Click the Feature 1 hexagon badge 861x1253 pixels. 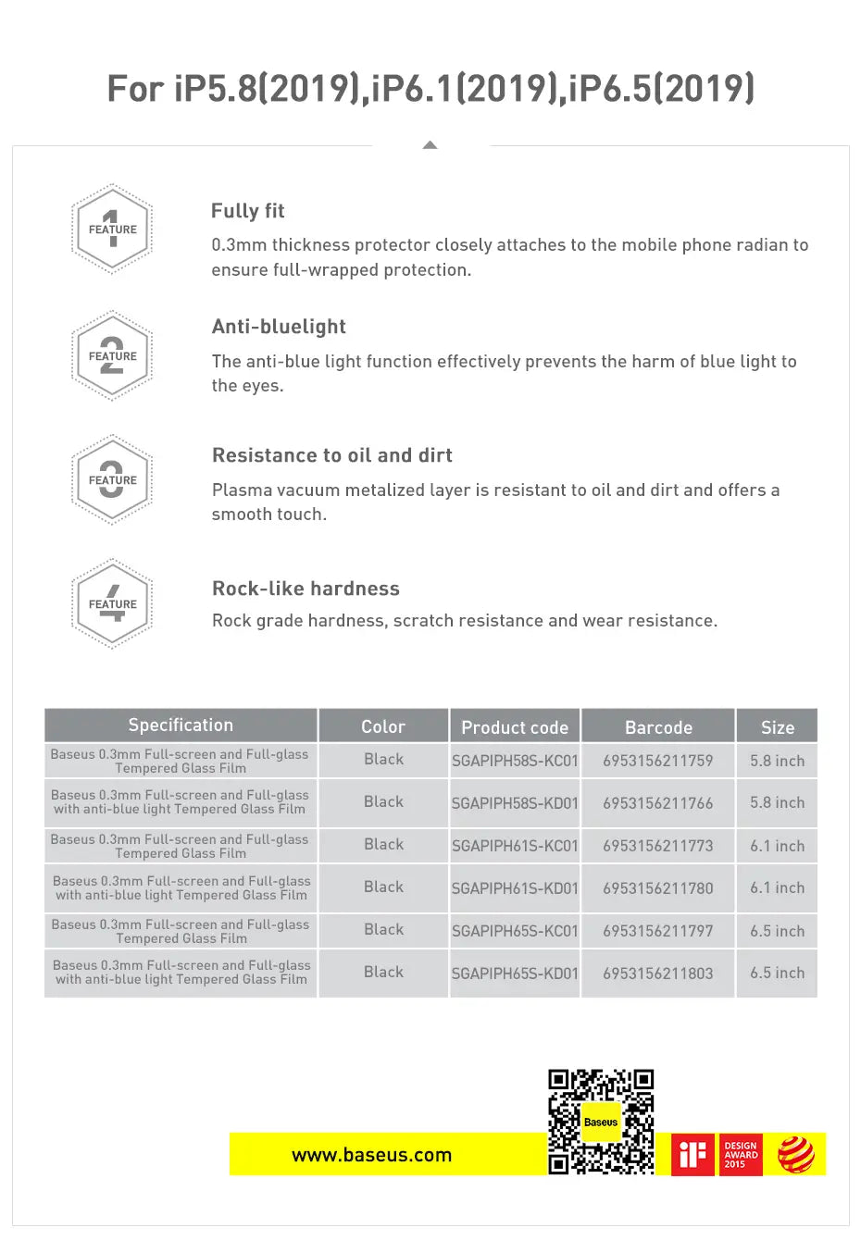112,230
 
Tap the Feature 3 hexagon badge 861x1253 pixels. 112,480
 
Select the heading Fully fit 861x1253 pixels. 247,211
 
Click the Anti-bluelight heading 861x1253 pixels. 279,327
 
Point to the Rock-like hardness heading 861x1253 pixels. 306,589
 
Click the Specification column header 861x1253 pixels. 181,726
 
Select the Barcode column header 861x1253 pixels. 658,727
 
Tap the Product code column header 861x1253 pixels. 515,727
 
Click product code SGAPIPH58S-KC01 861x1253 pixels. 515,761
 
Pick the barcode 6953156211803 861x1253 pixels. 658,974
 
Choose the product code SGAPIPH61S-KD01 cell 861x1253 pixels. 515,888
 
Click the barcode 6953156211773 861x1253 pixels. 658,846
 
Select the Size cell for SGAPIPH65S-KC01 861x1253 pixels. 777,931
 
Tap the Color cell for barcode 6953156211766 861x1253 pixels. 383,801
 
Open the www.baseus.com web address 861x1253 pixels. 371,1155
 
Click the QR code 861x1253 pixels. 601,1122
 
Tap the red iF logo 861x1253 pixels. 693,1155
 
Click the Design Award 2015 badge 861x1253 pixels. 741,1155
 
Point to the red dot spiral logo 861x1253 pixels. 795,1155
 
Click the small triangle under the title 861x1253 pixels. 430,144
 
